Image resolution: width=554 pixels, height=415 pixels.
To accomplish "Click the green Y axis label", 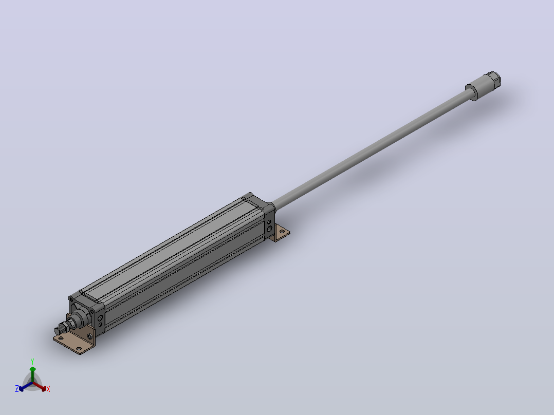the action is (x=32, y=361).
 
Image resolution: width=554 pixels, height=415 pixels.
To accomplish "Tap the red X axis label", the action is (x=48, y=389).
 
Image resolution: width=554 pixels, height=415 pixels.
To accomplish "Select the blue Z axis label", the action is (x=17, y=388).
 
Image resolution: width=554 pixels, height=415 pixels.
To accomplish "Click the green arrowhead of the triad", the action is (x=32, y=369).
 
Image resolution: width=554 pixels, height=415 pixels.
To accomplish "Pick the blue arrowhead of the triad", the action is (x=21, y=388).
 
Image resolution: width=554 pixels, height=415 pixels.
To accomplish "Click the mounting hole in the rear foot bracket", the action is (x=282, y=232).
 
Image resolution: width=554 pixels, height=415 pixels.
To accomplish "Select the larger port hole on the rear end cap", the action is (x=269, y=229).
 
